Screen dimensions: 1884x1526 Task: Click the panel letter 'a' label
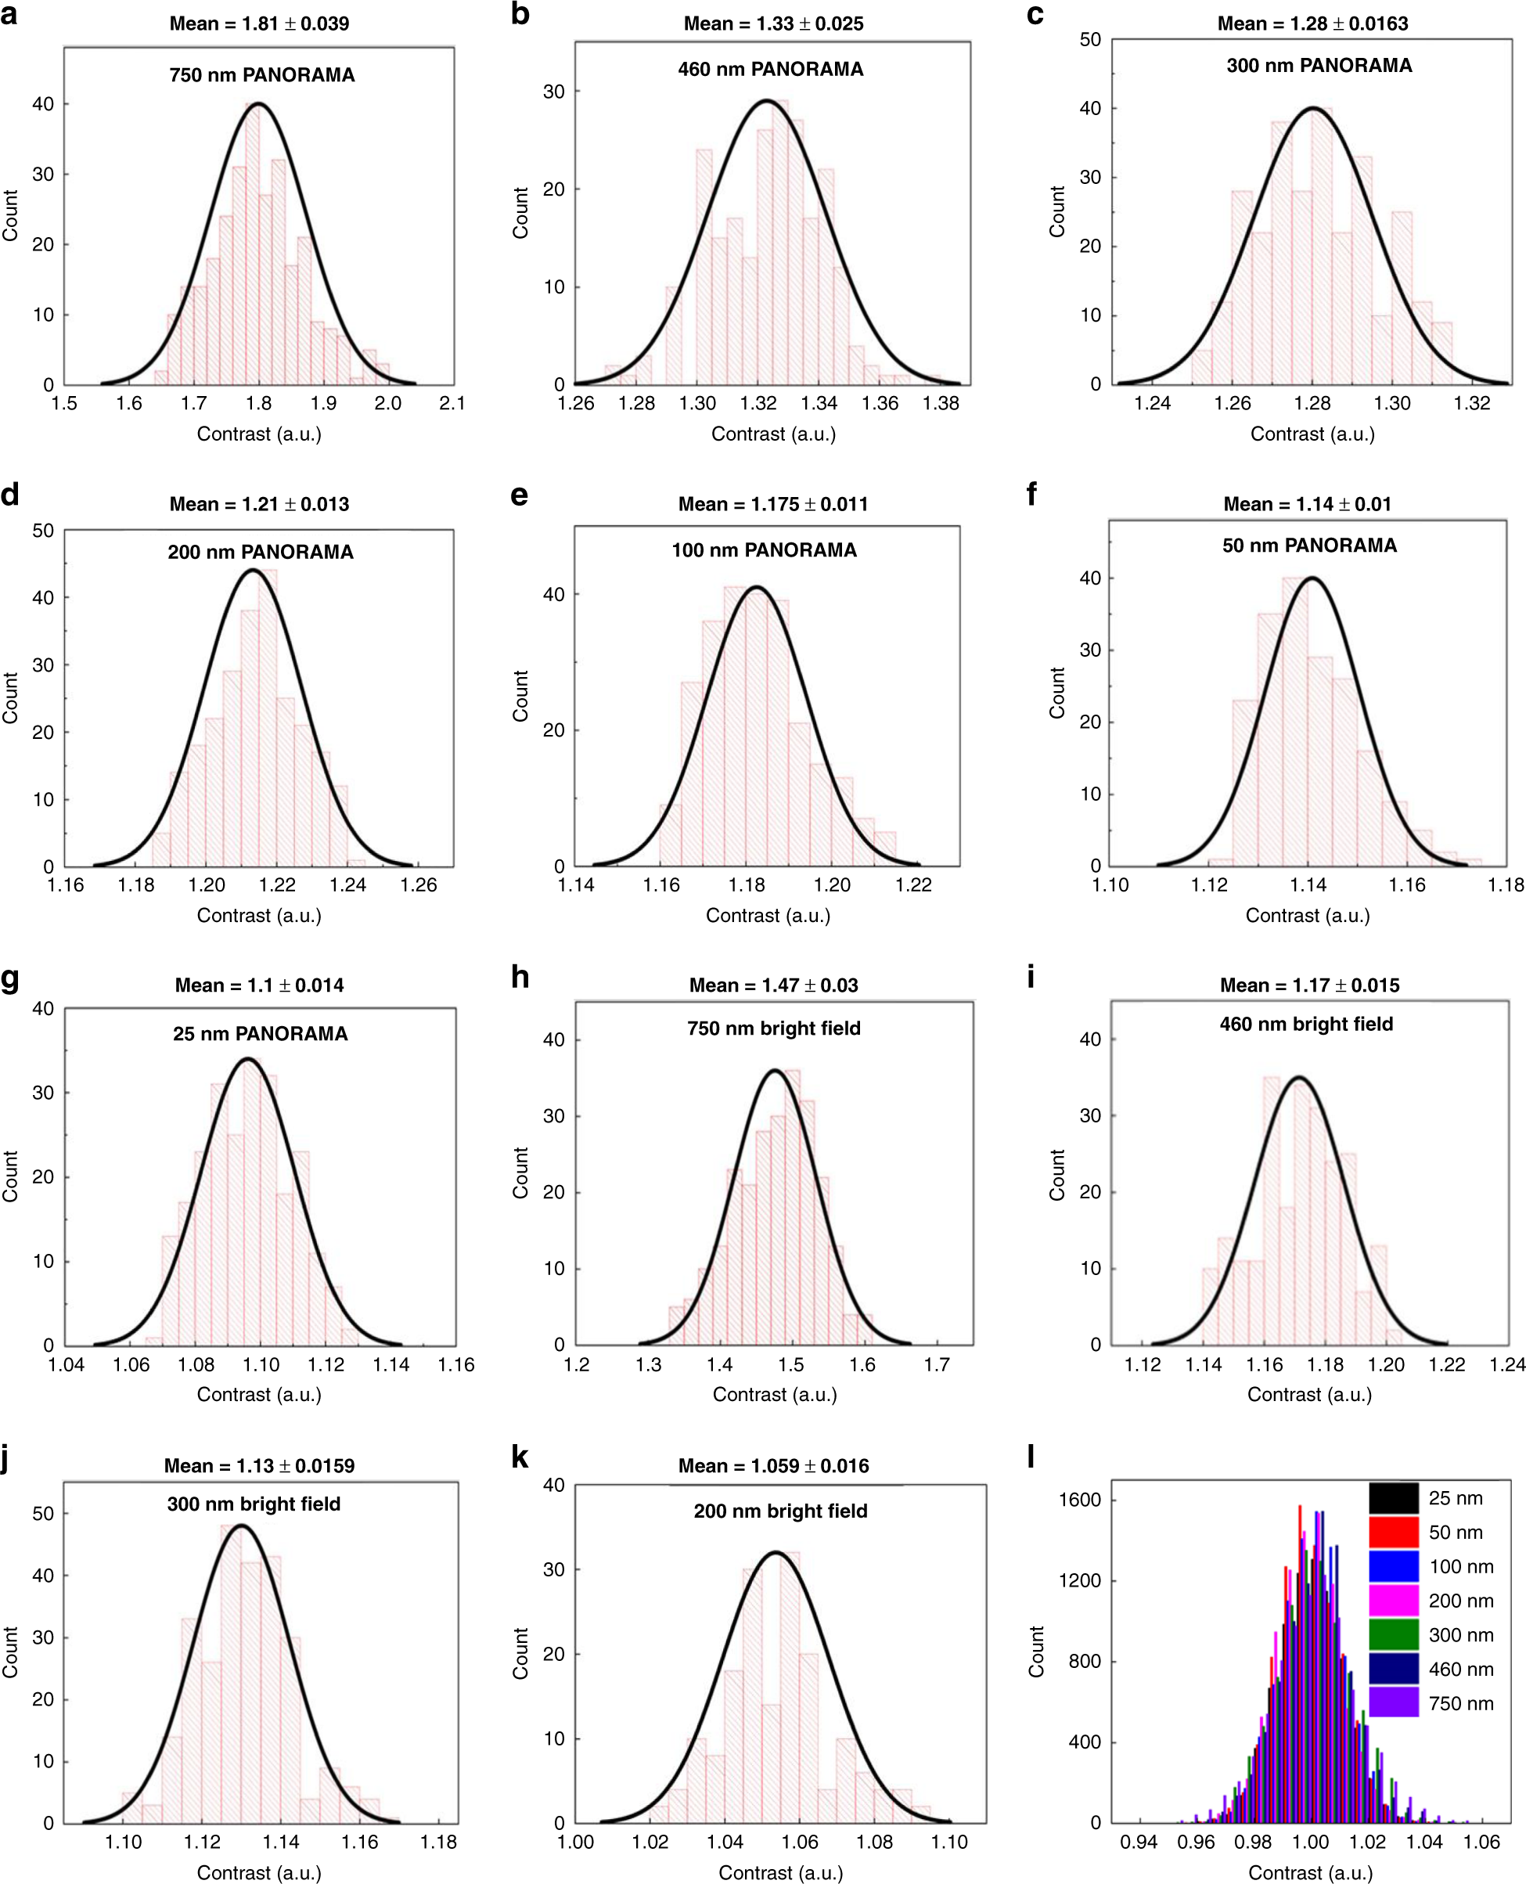9,14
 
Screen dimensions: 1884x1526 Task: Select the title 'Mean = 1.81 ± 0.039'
259,23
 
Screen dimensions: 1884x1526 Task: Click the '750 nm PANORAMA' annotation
262,74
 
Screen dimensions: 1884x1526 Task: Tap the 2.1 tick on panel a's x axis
452,404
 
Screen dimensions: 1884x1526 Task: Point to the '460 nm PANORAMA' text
770,70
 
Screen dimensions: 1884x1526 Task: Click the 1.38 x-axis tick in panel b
941,404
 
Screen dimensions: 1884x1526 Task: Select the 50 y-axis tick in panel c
1090,40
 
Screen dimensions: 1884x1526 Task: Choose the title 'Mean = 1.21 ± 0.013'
259,505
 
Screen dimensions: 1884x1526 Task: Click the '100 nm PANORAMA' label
764,550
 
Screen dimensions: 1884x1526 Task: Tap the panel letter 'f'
1032,494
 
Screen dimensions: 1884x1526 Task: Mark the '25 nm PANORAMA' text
260,1034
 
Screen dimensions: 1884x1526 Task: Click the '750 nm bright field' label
773,1028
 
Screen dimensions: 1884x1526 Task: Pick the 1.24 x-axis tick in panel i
1506,1364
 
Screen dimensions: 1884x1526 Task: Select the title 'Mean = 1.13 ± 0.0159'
259,1465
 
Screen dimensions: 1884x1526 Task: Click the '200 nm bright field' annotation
779,1511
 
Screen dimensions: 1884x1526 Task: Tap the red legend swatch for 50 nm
1393,1533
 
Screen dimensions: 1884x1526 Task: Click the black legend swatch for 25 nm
1393,1498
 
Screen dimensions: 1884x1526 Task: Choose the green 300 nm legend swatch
1393,1635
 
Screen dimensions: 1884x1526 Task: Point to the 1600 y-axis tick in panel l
1079,1500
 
